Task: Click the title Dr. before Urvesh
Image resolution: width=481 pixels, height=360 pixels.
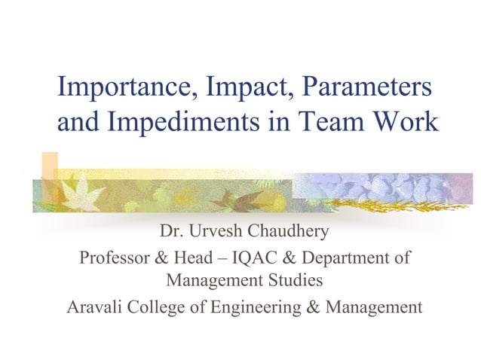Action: coord(171,231)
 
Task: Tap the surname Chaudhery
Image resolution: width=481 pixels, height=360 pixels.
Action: coord(290,231)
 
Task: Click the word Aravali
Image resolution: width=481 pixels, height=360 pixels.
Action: coord(96,307)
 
